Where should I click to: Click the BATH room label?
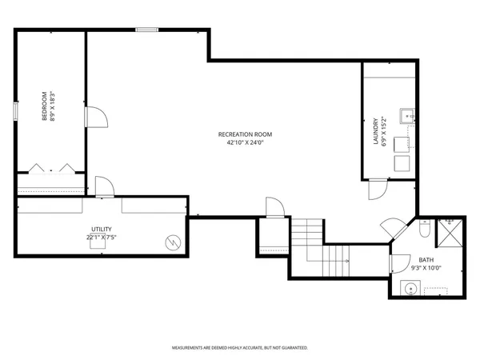click(426, 259)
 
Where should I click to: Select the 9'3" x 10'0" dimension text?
click(426, 268)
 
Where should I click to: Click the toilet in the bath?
click(426, 230)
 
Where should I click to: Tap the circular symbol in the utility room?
click(171, 242)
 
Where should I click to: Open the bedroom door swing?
click(94, 117)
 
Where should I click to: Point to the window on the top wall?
click(146, 30)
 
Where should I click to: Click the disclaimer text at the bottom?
click(240, 348)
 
